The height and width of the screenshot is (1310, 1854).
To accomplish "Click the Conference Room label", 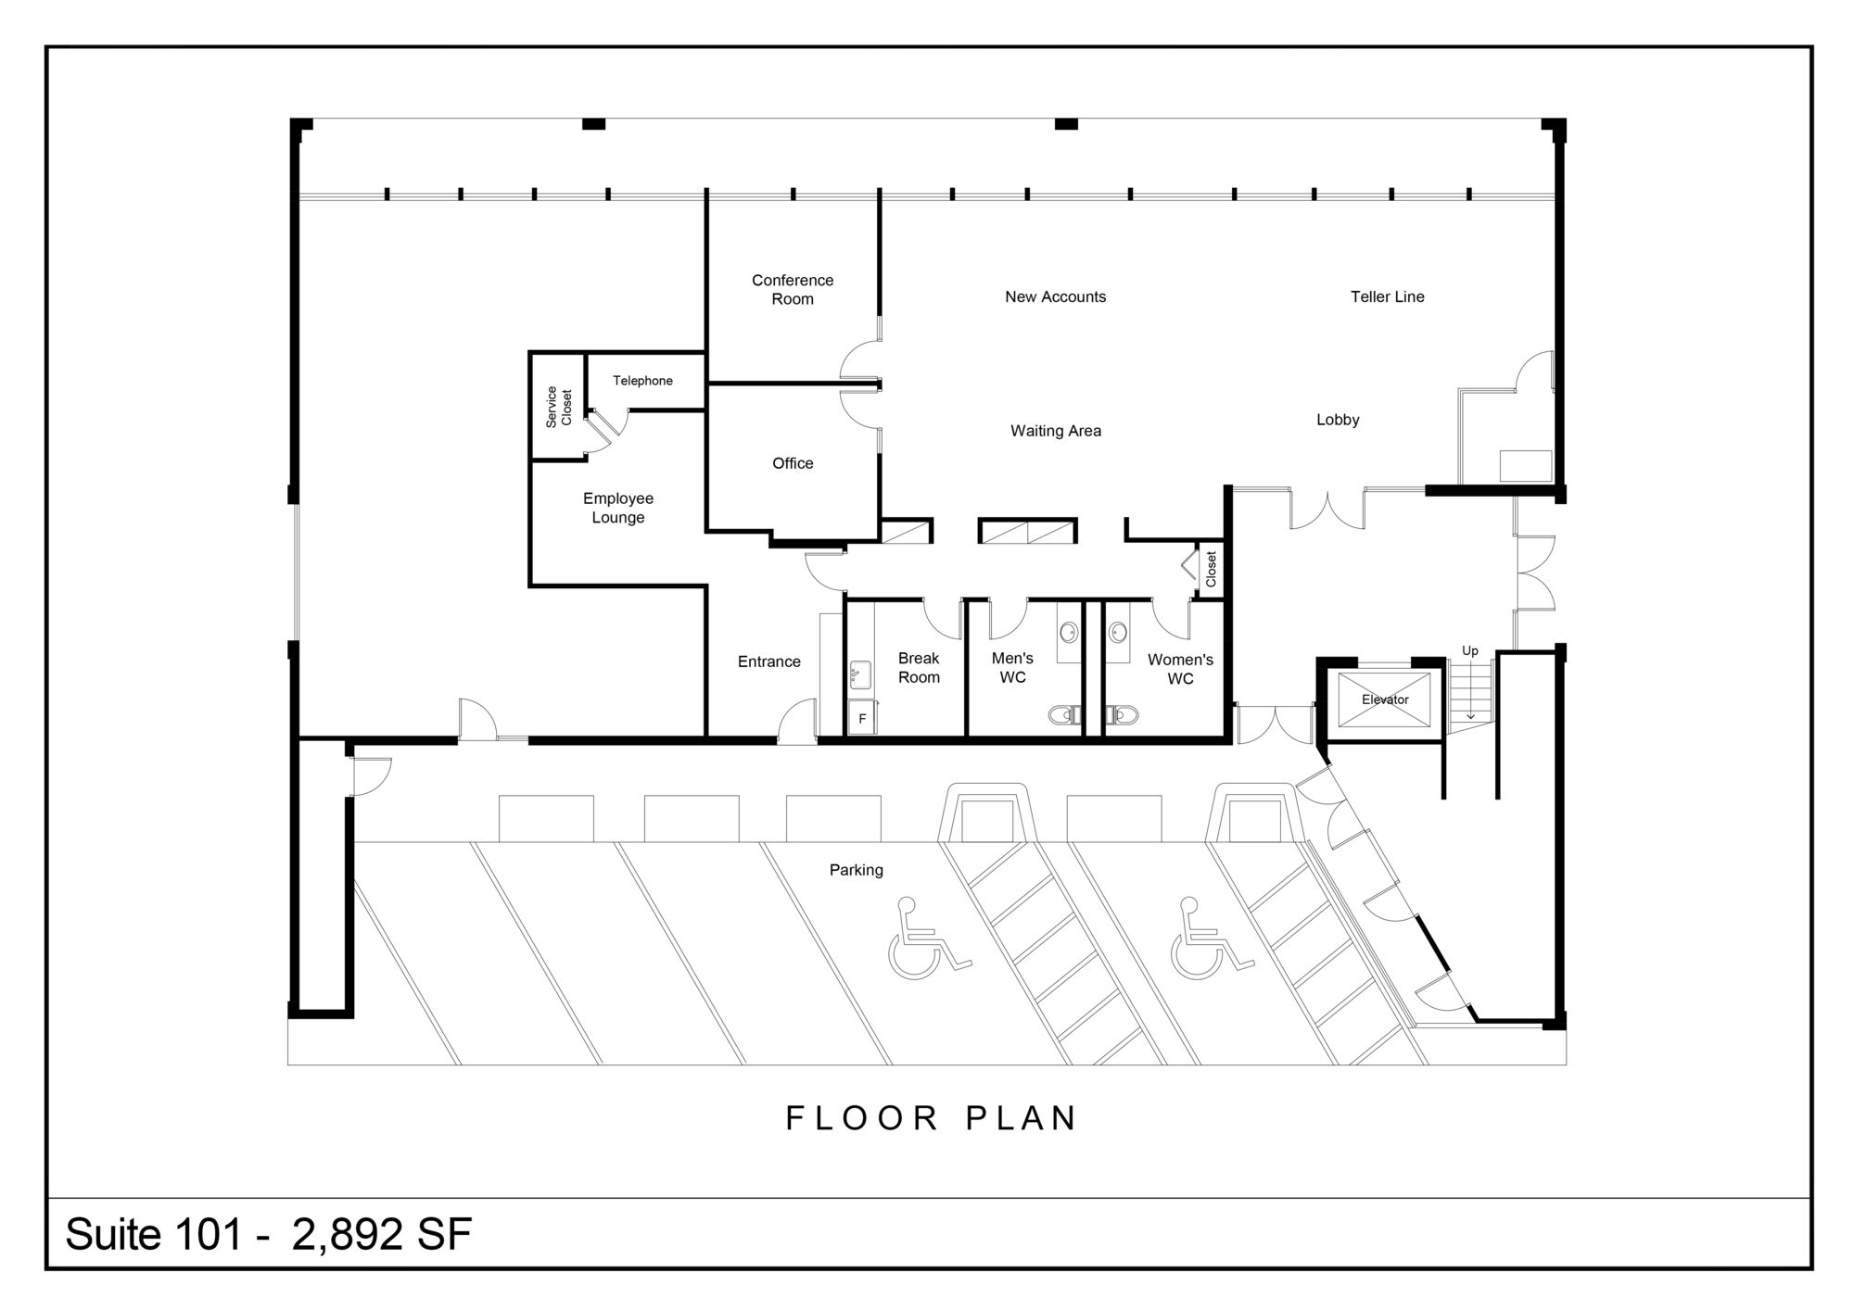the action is [793, 289].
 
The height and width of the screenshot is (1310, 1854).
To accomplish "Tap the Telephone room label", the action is [642, 381].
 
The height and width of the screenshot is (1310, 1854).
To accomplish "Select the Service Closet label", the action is [558, 407].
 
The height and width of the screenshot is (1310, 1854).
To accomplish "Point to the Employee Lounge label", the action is [618, 508].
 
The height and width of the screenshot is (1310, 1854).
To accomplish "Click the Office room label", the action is [793, 463].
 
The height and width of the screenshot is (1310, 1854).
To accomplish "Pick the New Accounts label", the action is [1056, 296].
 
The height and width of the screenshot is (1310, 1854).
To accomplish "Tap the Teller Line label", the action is [1388, 296].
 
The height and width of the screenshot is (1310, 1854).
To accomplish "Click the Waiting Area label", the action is [1056, 431].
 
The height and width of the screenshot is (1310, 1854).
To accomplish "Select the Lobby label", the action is [1338, 420].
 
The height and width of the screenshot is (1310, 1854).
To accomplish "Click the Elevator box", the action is [1385, 699].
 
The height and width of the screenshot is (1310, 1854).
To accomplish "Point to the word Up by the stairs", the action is [1470, 651].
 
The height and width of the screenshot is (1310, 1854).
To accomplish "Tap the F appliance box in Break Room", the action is [862, 718].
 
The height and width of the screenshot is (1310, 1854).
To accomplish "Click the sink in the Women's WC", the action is [1118, 633].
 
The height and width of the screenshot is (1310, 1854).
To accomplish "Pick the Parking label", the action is [856, 870].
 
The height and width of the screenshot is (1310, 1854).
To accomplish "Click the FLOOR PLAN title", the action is [932, 1118].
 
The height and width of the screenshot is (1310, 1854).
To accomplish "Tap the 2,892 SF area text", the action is [382, 1234].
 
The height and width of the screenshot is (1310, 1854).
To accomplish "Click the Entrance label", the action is [768, 661].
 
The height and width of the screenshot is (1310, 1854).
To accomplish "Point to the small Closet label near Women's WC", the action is [1211, 569].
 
